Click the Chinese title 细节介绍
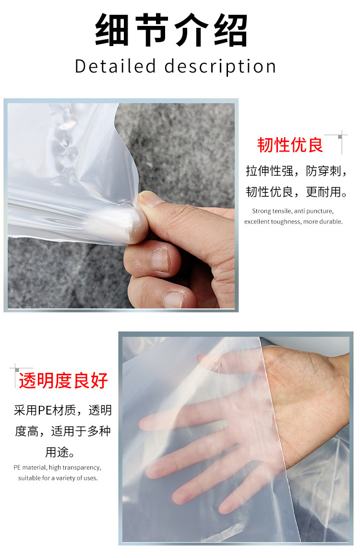pyautogui.click(x=171, y=30)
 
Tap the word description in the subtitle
pyautogui.click(x=220, y=67)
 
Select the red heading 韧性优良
pyautogui.click(x=290, y=145)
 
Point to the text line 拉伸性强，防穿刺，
pyautogui.click(x=296, y=171)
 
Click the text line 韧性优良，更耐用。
pyautogui.click(x=296, y=192)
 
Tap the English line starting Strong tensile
pyautogui.click(x=292, y=211)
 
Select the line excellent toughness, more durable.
pyautogui.click(x=293, y=222)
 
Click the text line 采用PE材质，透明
pyautogui.click(x=62, y=410)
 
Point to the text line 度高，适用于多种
pyautogui.click(x=62, y=431)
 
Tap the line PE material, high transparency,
pyautogui.click(x=57, y=467)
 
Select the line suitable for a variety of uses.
pyautogui.click(x=58, y=478)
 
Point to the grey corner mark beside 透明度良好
pyautogui.click(x=17, y=370)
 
